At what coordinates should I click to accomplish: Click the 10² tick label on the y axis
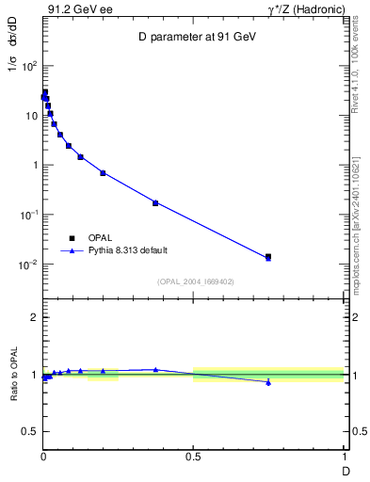[29, 66]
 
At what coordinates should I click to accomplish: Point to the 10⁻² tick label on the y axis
[29, 265]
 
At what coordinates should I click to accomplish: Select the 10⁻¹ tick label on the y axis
[29, 215]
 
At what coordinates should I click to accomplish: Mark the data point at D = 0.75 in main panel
[268, 256]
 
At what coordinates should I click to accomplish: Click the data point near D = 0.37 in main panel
[155, 202]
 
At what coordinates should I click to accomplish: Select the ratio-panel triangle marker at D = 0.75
[268, 382]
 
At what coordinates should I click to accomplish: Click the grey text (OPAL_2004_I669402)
[194, 281]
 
